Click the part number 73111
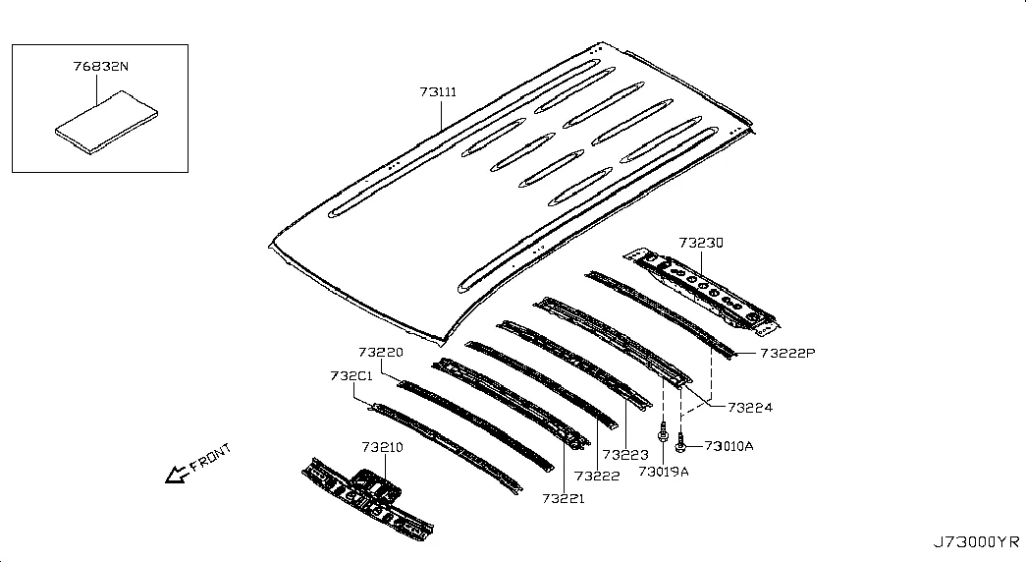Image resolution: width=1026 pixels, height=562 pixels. click(438, 92)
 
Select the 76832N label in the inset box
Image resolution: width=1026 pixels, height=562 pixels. click(101, 66)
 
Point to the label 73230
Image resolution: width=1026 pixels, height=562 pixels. click(701, 243)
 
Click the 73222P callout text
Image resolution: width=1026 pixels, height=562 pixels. click(787, 353)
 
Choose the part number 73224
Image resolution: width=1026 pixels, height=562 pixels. click(750, 408)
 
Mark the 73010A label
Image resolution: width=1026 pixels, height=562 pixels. click(729, 446)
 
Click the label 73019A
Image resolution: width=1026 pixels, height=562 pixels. click(664, 472)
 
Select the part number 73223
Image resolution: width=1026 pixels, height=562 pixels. click(625, 455)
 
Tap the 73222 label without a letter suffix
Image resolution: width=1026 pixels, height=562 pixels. click(597, 477)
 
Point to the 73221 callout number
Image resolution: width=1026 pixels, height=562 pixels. click(564, 498)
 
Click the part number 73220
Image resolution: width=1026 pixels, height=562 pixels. click(381, 353)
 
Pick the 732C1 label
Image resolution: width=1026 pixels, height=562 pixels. click(351, 376)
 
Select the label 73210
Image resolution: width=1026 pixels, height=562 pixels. click(382, 447)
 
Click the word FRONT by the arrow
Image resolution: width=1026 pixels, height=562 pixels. click(211, 458)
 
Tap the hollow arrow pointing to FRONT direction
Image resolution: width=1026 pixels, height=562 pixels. click(177, 475)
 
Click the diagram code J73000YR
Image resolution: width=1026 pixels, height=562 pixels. click(976, 542)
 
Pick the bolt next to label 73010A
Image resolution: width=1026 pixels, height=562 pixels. click(679, 442)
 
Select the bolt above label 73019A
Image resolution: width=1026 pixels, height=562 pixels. click(663, 433)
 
